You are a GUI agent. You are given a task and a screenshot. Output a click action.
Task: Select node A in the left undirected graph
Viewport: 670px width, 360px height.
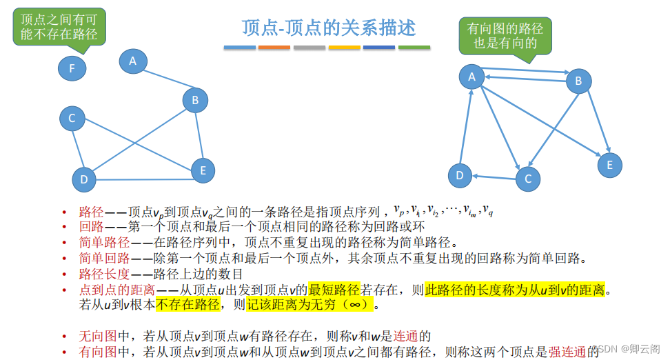[x=133, y=61]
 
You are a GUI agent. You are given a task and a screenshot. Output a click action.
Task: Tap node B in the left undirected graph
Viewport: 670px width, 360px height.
[x=195, y=101]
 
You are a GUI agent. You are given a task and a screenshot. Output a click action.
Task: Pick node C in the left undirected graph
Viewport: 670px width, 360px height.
[x=72, y=119]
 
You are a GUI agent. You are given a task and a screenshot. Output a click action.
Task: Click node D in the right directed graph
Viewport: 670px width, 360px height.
[x=460, y=176]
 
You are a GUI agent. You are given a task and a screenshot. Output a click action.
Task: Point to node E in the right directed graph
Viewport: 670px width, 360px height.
[x=609, y=165]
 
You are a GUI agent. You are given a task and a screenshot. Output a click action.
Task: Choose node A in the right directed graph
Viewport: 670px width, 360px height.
[x=472, y=77]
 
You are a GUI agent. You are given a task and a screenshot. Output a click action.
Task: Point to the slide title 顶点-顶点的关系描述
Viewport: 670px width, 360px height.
[x=329, y=28]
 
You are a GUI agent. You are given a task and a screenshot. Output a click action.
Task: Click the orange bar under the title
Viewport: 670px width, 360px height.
[x=274, y=48]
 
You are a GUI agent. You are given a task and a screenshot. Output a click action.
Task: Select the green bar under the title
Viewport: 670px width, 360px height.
[x=414, y=48]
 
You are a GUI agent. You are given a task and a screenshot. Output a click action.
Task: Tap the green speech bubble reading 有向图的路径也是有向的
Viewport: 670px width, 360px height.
[x=505, y=35]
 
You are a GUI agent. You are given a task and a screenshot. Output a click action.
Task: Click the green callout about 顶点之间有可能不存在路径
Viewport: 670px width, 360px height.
[x=59, y=27]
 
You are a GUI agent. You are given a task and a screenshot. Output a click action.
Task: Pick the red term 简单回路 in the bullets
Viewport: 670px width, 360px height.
[x=104, y=258]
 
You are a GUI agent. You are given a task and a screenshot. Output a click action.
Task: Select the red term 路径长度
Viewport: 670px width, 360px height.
[x=104, y=273]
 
